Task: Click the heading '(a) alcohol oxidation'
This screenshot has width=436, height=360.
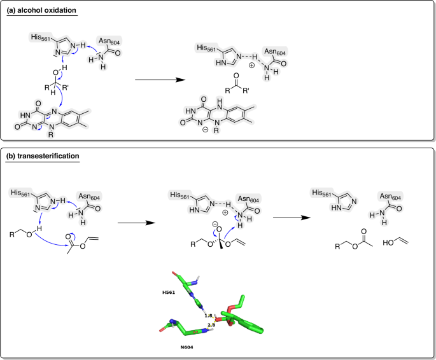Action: point(41,11)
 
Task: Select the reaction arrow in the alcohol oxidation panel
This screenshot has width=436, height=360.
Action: point(155,80)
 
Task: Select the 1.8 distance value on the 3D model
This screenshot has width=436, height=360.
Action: point(207,316)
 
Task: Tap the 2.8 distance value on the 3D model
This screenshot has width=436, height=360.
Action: point(211,325)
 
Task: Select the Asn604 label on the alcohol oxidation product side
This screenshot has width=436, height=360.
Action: point(274,52)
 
